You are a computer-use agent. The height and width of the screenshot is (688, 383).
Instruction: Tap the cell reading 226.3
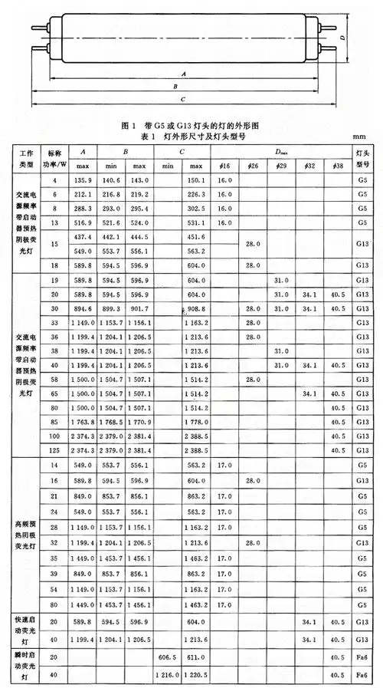pyautogui.click(x=195, y=195)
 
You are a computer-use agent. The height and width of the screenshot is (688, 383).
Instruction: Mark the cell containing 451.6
pyautogui.click(x=195, y=237)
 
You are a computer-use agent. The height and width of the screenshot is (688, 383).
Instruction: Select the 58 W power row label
pyautogui.click(x=55, y=379)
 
